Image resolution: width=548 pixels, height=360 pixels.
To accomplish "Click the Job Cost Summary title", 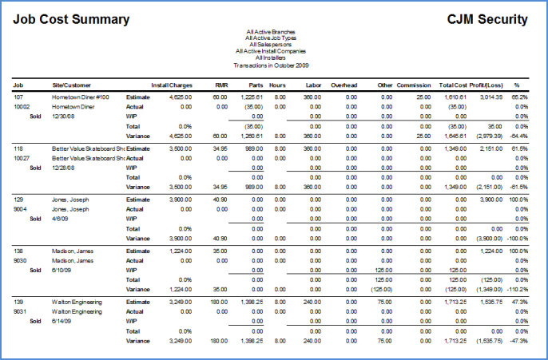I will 71,19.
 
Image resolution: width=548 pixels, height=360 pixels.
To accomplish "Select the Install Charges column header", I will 171,84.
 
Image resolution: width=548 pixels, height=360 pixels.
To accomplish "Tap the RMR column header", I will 221,84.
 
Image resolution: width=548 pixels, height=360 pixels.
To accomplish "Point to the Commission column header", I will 414,84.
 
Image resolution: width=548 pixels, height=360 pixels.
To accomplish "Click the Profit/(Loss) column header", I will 485,84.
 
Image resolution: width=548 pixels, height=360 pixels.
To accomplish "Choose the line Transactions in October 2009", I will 271,65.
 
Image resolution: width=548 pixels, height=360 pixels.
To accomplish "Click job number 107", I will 19,97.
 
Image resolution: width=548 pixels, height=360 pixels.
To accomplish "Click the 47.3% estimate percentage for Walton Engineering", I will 520,303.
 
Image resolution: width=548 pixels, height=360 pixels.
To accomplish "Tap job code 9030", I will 21,260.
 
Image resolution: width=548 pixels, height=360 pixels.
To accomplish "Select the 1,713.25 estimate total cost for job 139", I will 455,303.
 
